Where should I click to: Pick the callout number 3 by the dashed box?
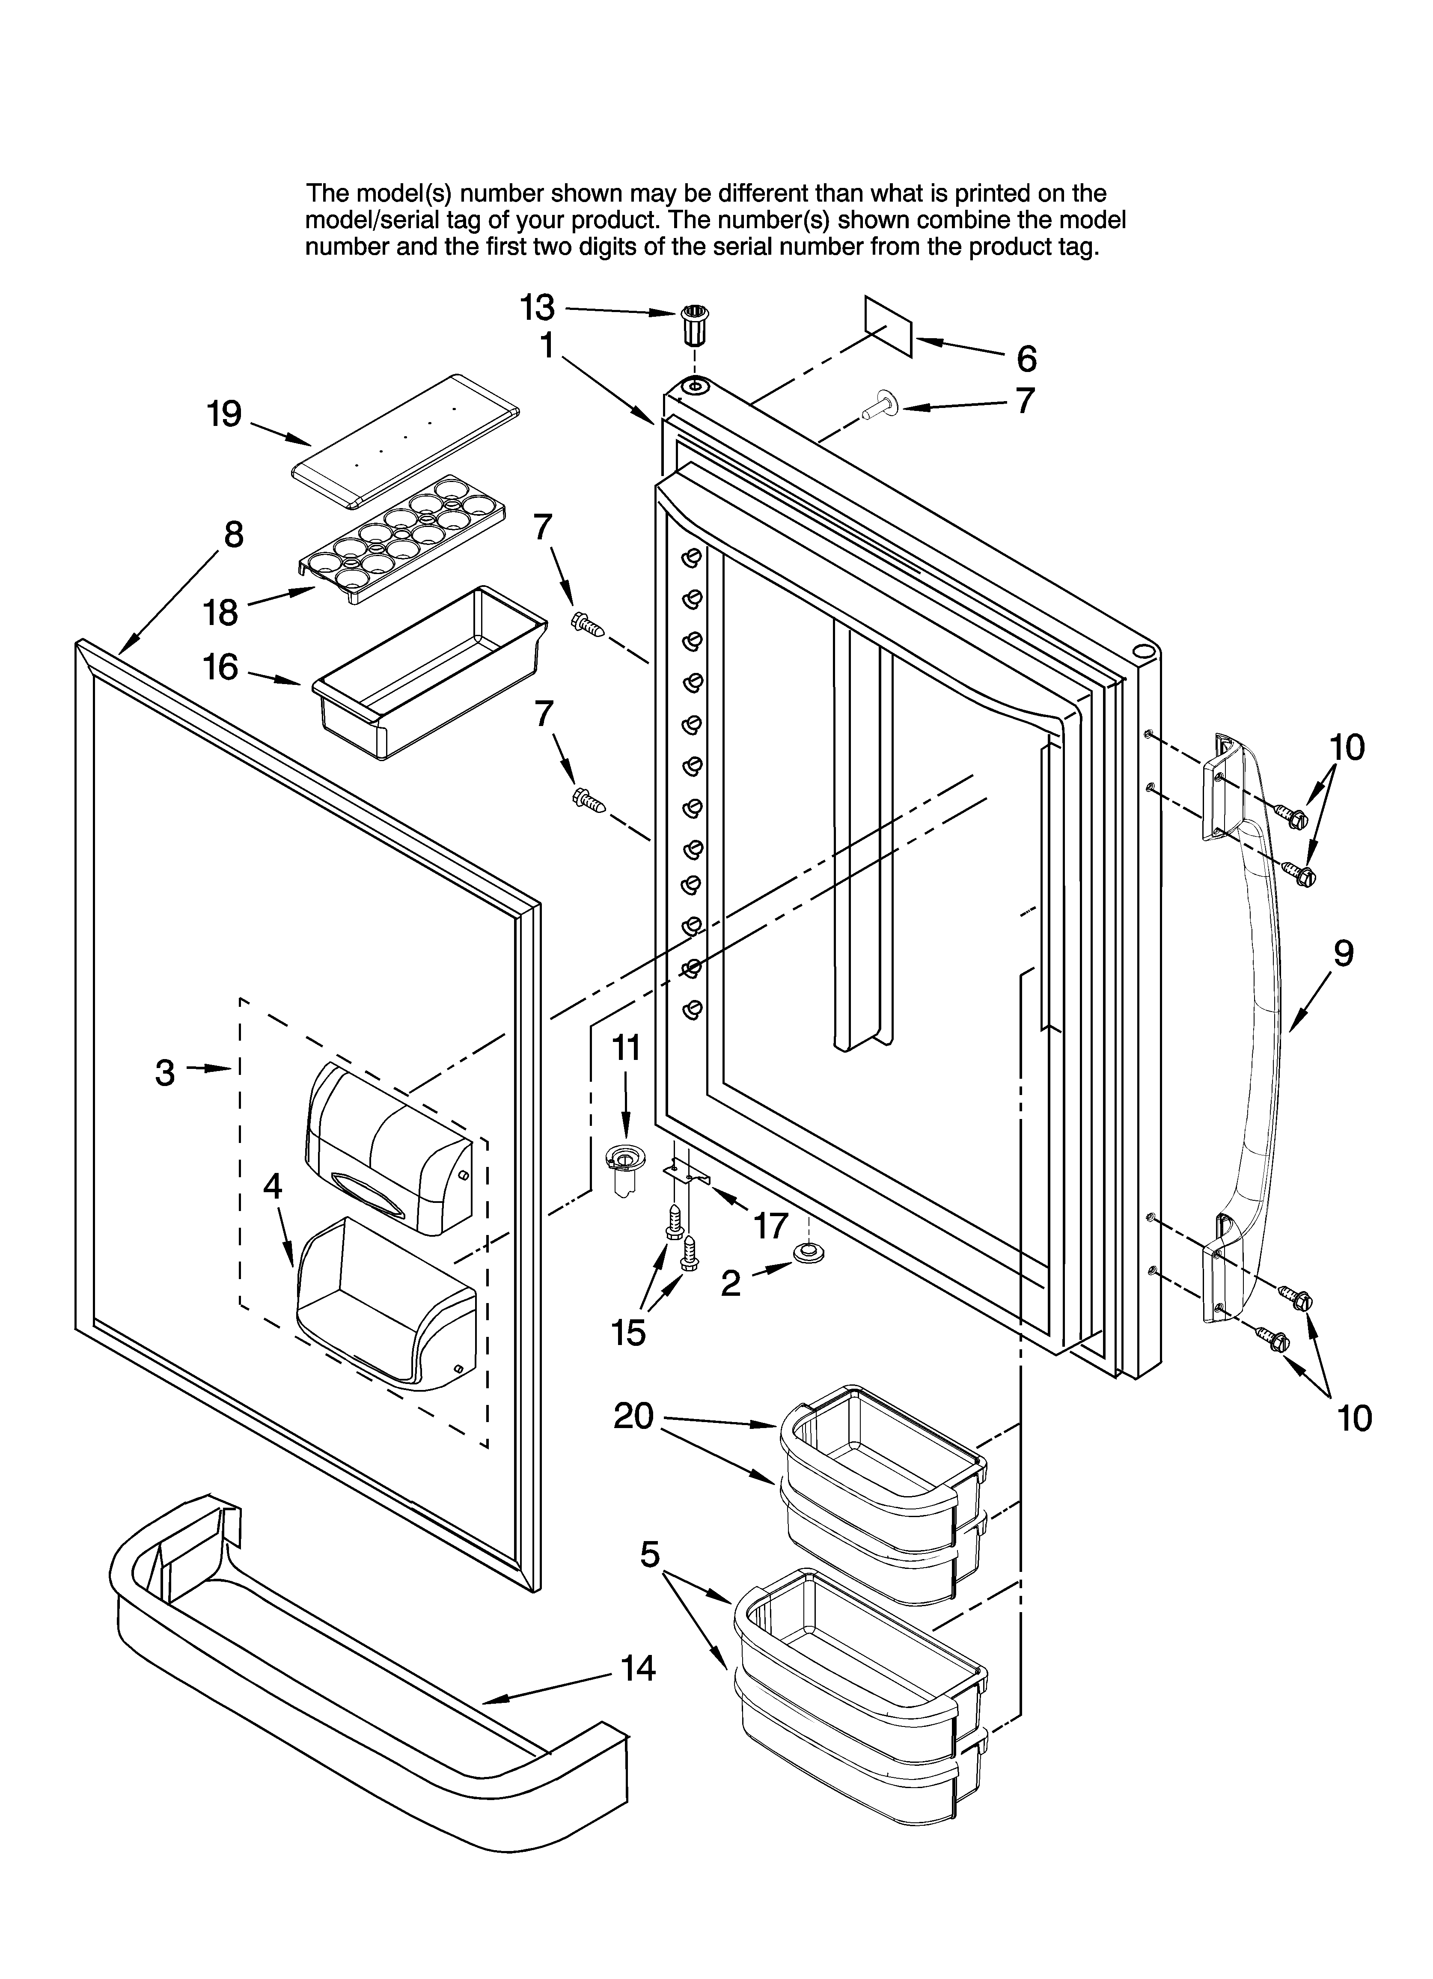(166, 1071)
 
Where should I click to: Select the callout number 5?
(650, 1554)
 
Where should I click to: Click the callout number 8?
(233, 534)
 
